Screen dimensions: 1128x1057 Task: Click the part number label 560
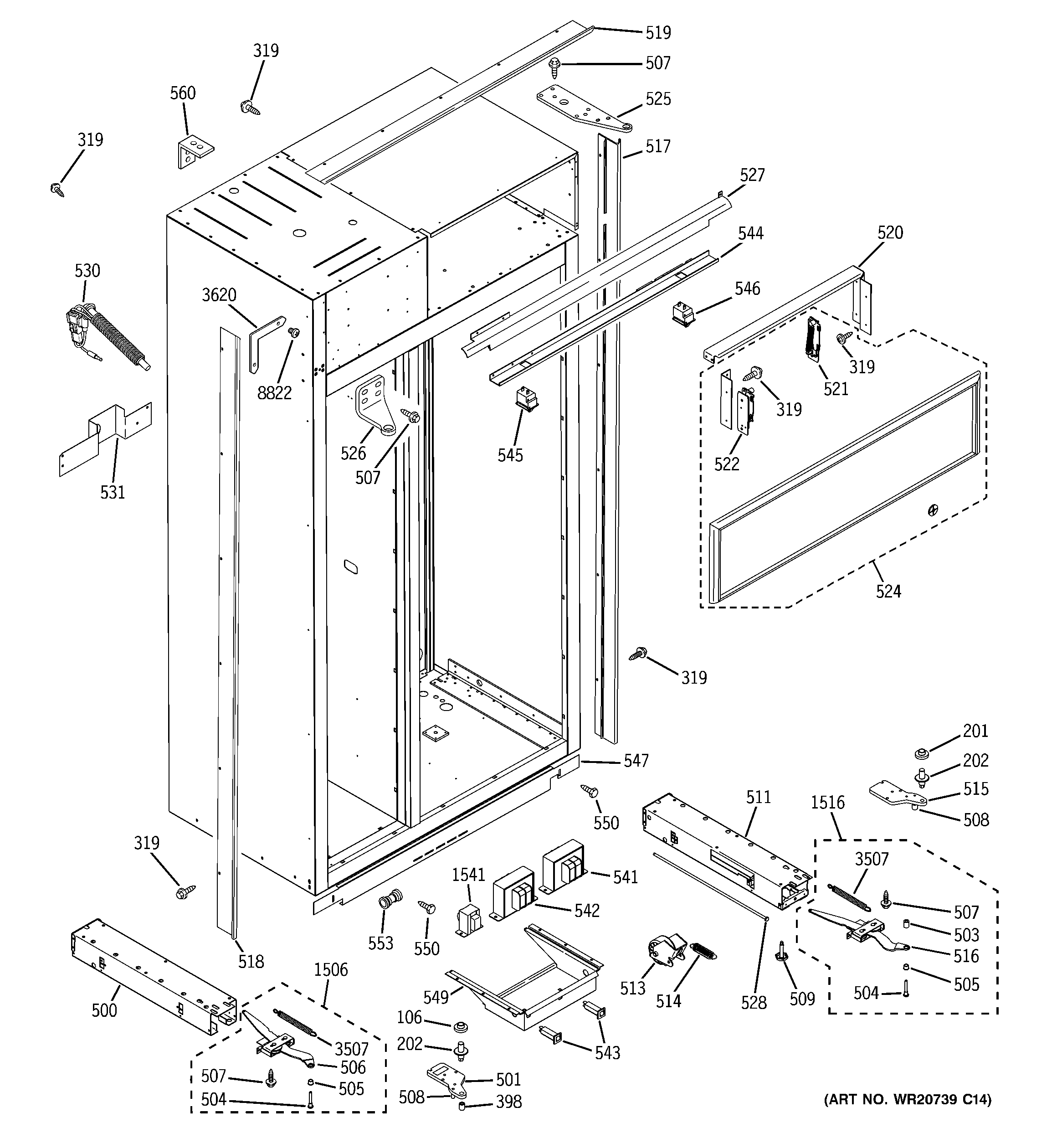[x=183, y=93]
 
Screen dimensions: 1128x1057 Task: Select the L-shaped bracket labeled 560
[x=195, y=151]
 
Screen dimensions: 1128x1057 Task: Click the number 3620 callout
[x=219, y=295]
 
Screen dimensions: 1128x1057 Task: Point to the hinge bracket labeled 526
[x=375, y=403]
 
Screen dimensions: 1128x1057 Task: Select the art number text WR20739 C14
[x=907, y=1100]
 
